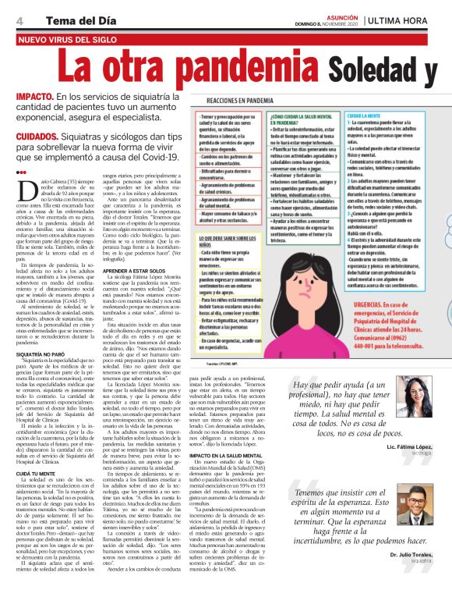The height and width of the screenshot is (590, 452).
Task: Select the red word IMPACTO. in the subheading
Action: point(34,97)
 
